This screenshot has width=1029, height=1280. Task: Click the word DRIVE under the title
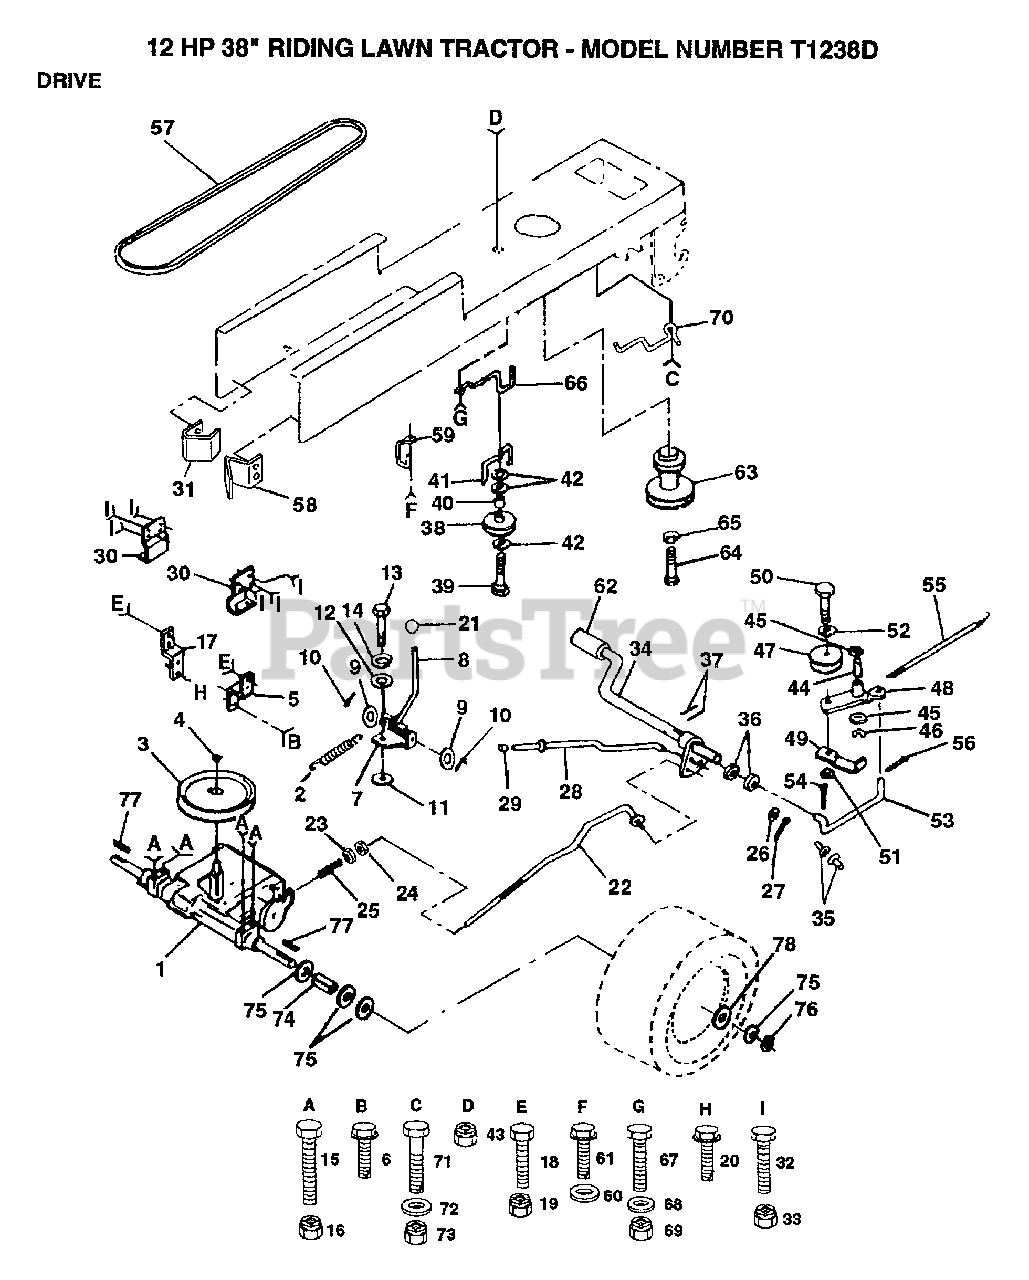(69, 81)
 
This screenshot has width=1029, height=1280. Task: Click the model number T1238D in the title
(834, 49)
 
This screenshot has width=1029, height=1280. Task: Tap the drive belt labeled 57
(240, 196)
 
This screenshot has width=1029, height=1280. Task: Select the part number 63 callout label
(746, 472)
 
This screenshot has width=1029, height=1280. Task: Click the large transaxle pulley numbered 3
(217, 796)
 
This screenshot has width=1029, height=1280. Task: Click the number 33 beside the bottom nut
(792, 1219)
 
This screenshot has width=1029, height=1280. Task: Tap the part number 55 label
(933, 585)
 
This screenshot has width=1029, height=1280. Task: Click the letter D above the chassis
(495, 118)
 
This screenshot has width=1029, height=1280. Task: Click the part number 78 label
(783, 944)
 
